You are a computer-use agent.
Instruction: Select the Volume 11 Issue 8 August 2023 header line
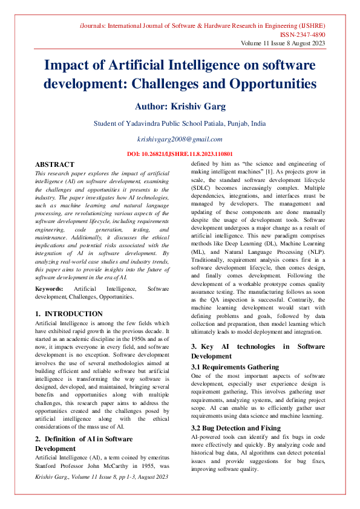pos(283,44)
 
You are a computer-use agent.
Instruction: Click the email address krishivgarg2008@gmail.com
pos(180,139)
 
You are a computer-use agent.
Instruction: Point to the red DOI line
pos(180,154)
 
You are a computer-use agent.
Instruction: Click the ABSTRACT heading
pos(55,164)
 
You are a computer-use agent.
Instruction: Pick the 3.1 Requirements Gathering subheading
pos(235,367)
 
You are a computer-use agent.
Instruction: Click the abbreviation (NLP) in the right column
pos(315,251)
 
